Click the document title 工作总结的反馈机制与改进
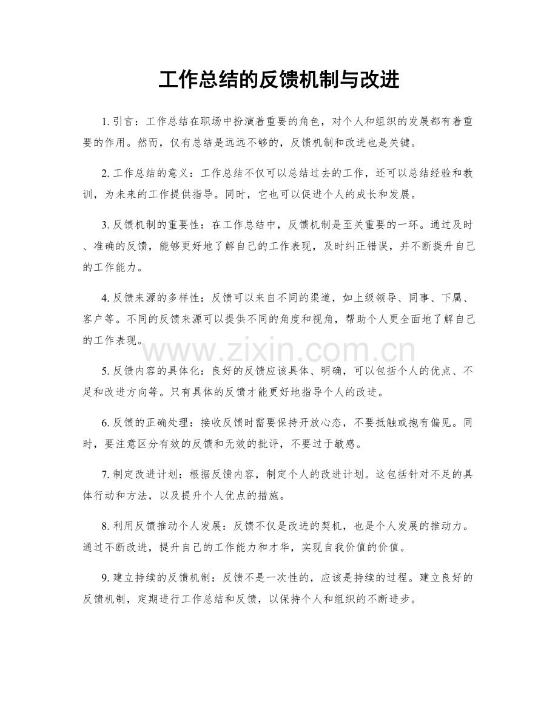tap(278, 80)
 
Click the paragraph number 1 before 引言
tap(105, 122)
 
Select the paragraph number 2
tap(105, 174)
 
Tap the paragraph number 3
tap(105, 226)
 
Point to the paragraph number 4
tap(105, 299)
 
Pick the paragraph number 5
tap(105, 372)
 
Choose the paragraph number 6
tap(105, 423)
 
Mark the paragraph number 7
tap(105, 475)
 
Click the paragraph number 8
tap(105, 526)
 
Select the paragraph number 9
tap(105, 579)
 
